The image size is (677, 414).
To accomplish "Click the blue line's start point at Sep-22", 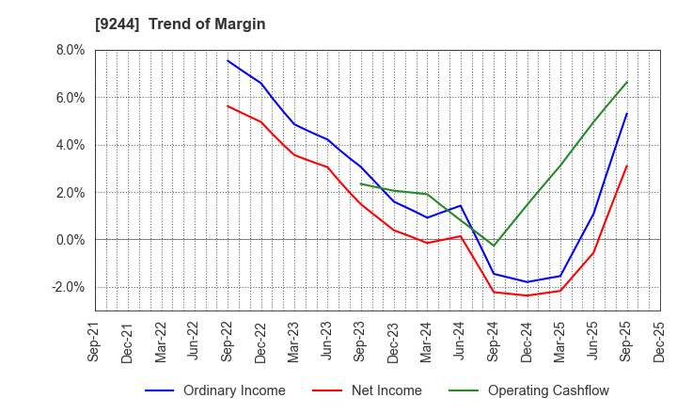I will click(228, 60).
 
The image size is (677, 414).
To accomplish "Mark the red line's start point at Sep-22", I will click(228, 105).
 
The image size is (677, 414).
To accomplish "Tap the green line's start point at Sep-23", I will click(361, 183).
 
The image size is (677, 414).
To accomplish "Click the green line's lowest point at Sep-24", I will click(494, 246).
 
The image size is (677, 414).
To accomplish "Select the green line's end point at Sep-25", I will click(627, 81).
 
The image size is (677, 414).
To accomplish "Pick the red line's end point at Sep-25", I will click(627, 166).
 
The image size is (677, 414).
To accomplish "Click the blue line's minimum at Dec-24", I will click(527, 282).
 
